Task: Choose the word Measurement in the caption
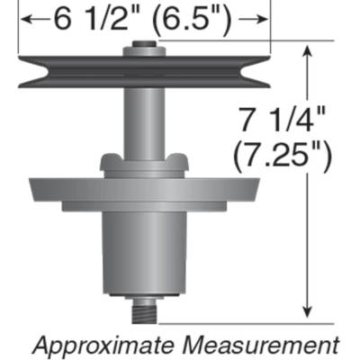click(270, 344)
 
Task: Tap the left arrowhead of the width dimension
click(26, 19)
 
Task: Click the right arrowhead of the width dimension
click(262, 19)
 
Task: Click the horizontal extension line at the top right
click(306, 41)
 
